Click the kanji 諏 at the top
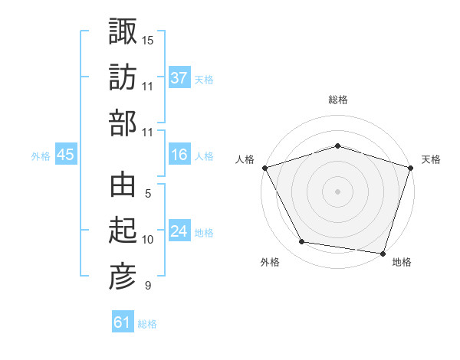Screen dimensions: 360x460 coord(123,32)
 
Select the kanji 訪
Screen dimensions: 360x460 coord(123,78)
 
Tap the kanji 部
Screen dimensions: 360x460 coord(123,123)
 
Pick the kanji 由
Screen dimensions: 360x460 coord(123,185)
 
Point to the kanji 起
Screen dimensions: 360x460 coord(123,231)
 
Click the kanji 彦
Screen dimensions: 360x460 coord(123,277)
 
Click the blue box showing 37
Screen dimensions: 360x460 coord(179,78)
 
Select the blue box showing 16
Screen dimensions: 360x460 coord(179,155)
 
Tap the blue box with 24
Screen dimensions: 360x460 coord(179,231)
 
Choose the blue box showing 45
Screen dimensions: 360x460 coord(65,155)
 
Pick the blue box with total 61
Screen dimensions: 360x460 coord(122,322)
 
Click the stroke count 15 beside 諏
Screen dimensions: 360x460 coord(148,39)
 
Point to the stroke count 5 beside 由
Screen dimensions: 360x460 coord(147,193)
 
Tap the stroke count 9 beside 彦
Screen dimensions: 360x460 coord(147,286)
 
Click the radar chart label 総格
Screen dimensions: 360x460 coord(337,100)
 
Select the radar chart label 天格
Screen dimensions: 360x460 coord(431,159)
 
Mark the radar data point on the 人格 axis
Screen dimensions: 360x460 coord(264,168)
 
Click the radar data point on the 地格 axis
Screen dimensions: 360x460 coord(383,253)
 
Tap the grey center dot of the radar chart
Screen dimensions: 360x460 coord(337,191)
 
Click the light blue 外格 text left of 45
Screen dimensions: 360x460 coord(41,156)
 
